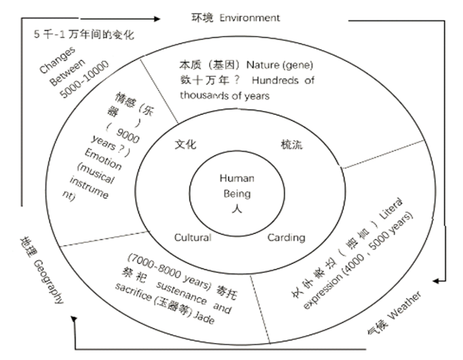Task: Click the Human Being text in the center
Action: (x=236, y=186)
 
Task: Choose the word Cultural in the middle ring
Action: (x=193, y=238)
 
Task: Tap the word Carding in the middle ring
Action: (x=286, y=238)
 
